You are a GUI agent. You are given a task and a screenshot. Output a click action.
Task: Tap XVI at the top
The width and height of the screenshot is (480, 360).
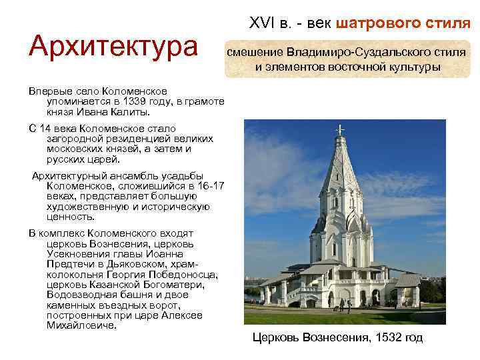pos(261,25)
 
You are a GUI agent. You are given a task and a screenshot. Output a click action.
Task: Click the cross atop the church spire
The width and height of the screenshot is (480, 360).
pos(341,129)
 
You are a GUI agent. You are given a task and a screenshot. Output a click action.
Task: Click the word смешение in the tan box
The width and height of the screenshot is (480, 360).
pos(255,52)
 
